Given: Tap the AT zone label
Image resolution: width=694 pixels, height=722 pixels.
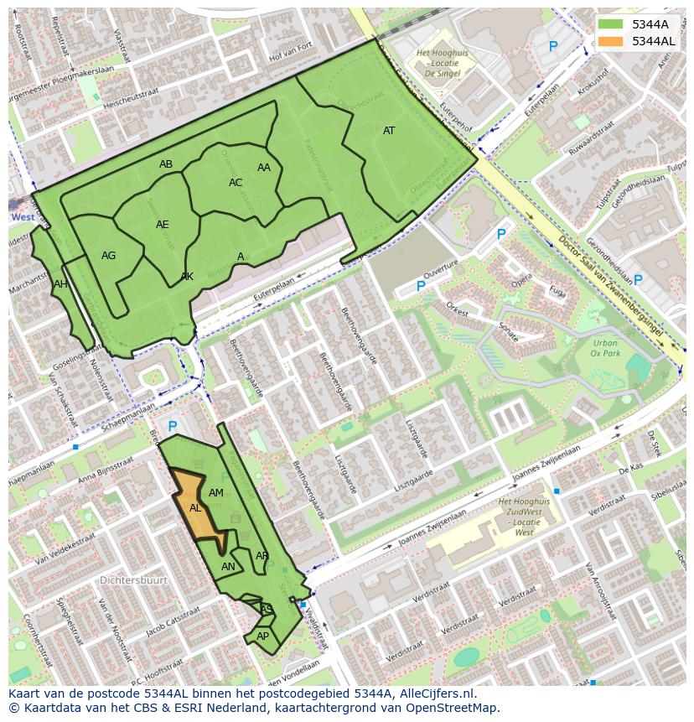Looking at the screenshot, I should point(389,131).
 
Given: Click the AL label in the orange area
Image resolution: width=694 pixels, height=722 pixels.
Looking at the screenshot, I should point(195,508).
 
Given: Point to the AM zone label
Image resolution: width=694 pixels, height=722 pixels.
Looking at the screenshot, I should point(216,493).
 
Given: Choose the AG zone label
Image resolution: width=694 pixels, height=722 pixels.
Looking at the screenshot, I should point(108,256).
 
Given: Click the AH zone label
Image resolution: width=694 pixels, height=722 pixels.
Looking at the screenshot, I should point(60,284).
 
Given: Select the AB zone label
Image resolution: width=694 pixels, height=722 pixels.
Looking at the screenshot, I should point(166,164).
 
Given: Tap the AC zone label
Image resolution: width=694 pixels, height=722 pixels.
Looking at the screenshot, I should point(236,183).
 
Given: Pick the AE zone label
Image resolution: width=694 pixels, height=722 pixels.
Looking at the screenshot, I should point(163,225).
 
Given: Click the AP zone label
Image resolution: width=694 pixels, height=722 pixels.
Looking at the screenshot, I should point(262,636).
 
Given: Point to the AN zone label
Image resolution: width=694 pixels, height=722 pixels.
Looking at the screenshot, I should point(228,567).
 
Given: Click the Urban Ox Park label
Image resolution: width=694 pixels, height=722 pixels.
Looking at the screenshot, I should point(604,348).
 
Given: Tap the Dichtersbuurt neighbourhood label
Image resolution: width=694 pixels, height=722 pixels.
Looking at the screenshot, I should point(133,580).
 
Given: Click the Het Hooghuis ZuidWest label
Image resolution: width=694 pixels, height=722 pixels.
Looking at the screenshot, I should point(524,517).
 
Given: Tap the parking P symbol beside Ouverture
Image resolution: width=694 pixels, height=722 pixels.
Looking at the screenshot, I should point(421,286).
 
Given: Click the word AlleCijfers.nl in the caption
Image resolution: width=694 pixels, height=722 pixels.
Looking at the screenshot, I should point(435,693).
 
